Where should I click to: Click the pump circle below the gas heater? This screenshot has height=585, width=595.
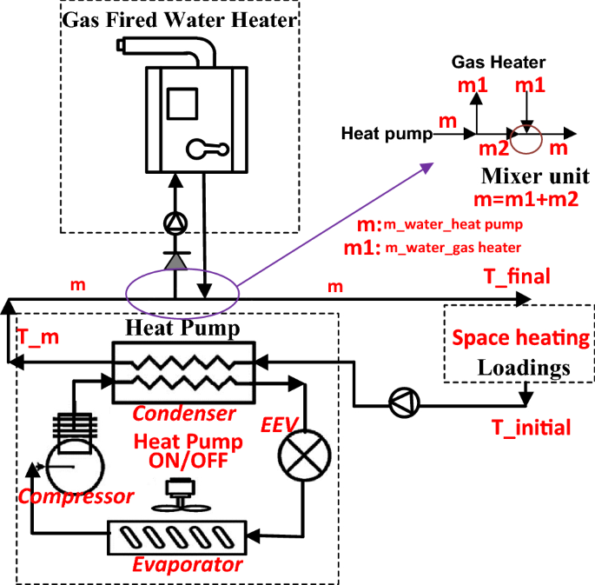pos(175,225)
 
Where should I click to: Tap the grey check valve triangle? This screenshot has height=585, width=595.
pos(175,259)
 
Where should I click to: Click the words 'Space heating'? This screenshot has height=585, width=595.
pos(519,337)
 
